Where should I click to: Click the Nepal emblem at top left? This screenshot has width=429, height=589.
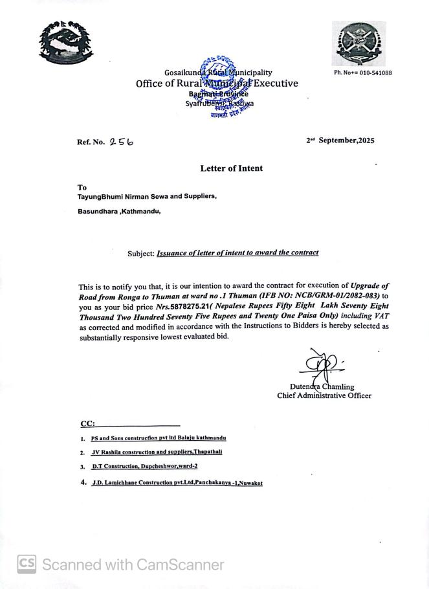pos(66,43)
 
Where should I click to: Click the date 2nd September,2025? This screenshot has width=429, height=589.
pos(340,140)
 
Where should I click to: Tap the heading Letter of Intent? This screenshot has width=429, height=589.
pos(232,168)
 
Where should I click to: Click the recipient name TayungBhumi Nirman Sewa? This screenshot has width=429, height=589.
pos(148,196)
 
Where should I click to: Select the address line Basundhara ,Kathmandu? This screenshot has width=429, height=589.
pos(119,211)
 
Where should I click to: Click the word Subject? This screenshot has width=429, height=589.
pos(140,254)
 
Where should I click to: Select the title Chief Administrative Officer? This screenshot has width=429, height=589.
pos(324,395)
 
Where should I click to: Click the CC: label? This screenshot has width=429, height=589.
pos(87,424)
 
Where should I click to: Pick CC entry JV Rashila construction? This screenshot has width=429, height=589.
pos(157,452)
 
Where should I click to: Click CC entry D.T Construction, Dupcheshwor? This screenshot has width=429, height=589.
pos(144,466)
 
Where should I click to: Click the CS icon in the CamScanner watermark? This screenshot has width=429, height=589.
pos(27,564)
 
